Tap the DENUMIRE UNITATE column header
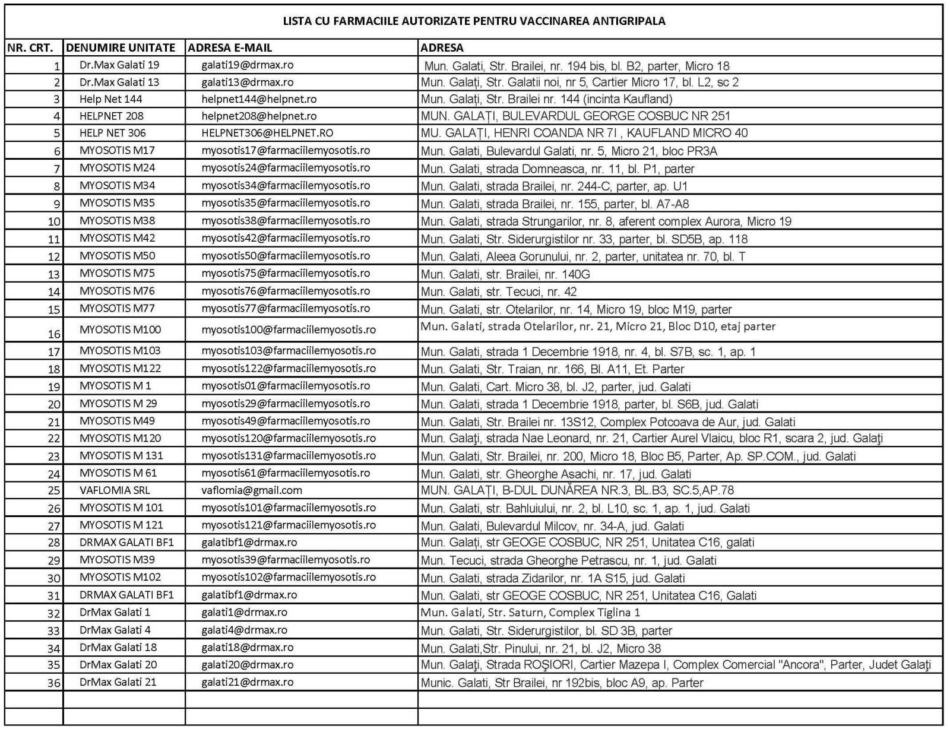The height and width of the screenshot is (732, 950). tap(121, 47)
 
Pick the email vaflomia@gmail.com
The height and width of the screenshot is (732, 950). tap(252, 490)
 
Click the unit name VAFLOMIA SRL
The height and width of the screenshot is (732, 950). tap(115, 490)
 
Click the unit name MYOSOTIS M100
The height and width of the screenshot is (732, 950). tap(120, 329)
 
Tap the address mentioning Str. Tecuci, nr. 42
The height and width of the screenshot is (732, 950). tap(499, 291)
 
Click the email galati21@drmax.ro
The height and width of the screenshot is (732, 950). tap(247, 682)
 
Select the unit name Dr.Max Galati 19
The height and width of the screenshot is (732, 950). tap(119, 65)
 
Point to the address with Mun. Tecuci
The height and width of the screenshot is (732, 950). tap(568, 560)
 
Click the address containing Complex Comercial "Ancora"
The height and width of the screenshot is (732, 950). tap(676, 665)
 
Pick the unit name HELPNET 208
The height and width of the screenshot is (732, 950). tap(112, 116)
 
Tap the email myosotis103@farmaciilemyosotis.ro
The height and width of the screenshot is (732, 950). tap(289, 350)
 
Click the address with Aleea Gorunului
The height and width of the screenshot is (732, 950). tap(583, 256)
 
